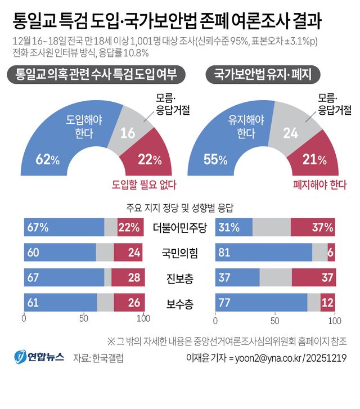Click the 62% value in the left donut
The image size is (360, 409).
coord(47,160)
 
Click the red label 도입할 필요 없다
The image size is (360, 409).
coord(143,184)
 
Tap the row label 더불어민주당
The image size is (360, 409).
coord(180,228)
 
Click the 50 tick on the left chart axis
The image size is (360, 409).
coord(84,319)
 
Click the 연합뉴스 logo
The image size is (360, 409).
coord(40,357)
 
